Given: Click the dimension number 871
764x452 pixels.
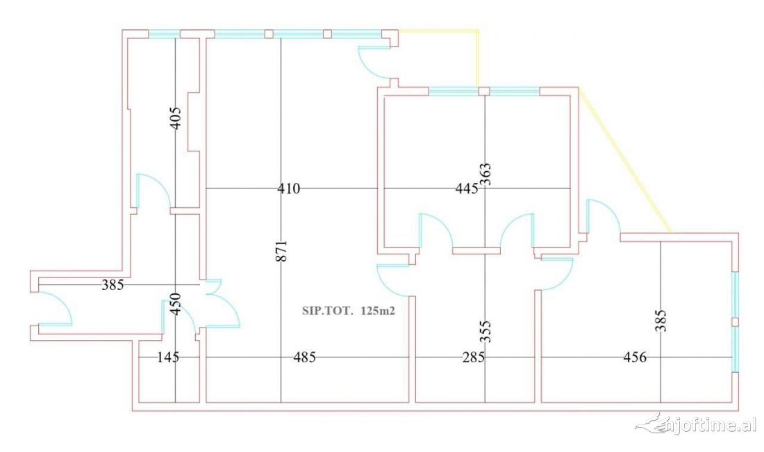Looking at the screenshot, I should (x=281, y=251).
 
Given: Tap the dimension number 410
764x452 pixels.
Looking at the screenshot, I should (x=288, y=188).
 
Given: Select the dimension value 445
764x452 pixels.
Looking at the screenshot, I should (x=466, y=188).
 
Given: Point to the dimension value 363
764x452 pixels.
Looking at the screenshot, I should (x=485, y=175).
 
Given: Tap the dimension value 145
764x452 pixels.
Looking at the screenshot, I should (x=167, y=357).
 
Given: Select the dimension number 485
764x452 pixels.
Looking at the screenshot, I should (x=304, y=357).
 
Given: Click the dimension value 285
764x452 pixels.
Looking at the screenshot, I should (x=473, y=357).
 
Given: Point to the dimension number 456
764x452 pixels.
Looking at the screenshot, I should (x=635, y=357).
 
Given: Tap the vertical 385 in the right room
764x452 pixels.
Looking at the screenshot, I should (x=660, y=321).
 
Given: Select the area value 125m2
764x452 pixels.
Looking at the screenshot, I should (x=379, y=312).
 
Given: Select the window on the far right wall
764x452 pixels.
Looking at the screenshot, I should (x=736, y=321).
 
